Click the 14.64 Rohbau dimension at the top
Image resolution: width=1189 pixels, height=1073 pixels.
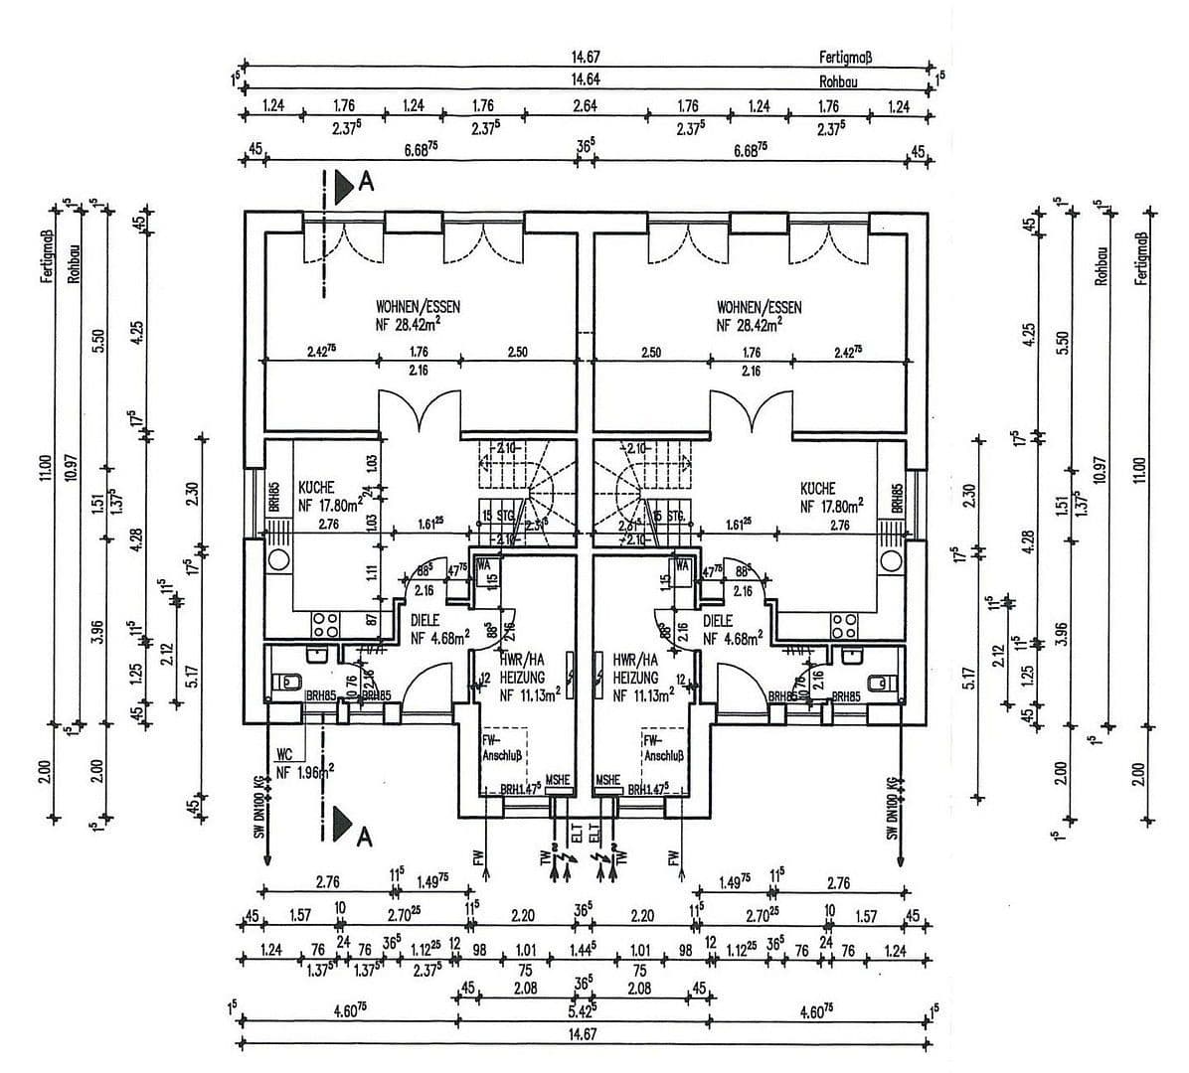585,79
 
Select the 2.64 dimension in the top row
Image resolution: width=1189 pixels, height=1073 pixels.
585,105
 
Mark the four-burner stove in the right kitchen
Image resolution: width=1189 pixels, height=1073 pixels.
845,624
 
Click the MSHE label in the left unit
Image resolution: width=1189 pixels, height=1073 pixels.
558,780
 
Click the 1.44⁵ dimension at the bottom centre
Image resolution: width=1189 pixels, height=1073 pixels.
585,949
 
